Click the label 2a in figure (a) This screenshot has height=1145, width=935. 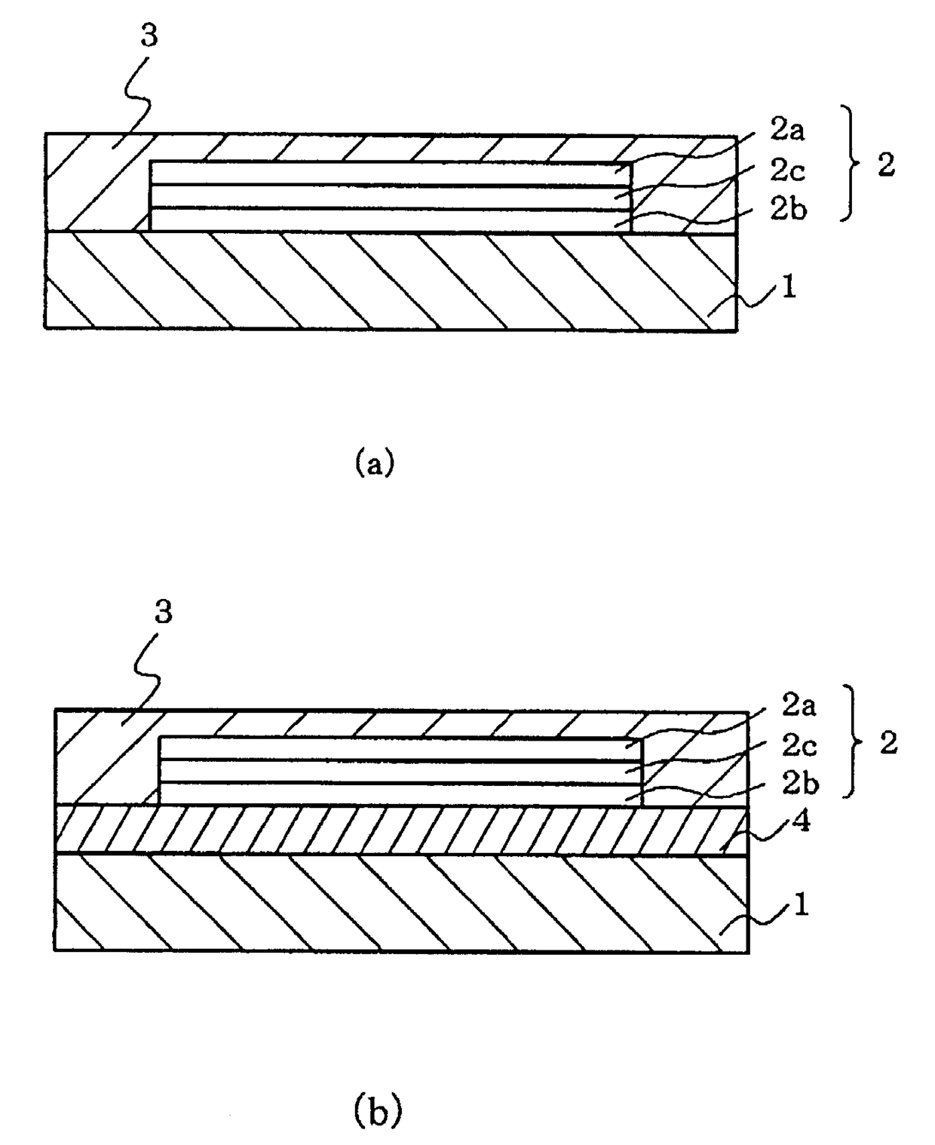[786, 130]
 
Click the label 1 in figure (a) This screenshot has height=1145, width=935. [789, 287]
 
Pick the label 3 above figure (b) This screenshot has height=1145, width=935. [163, 611]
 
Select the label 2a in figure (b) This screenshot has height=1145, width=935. [799, 707]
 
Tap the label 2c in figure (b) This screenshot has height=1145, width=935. [799, 747]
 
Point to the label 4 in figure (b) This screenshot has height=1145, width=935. [801, 822]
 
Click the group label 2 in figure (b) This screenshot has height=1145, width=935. [888, 742]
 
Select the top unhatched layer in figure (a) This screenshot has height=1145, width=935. [391, 173]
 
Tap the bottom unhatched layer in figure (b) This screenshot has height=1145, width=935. [400, 794]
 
